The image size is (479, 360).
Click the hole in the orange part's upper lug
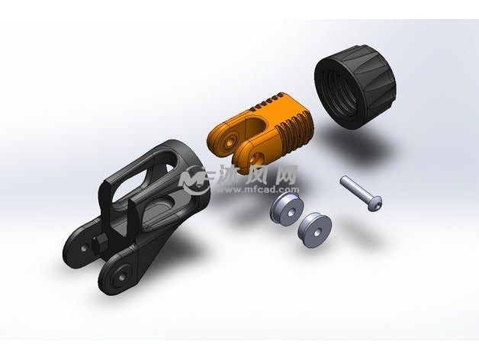coord(230,141)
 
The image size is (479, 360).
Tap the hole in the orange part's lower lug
coord(253,159)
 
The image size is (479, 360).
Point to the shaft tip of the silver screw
coord(343,180)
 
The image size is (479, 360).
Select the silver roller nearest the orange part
coord(287,210)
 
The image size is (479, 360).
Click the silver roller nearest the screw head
coord(315,230)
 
